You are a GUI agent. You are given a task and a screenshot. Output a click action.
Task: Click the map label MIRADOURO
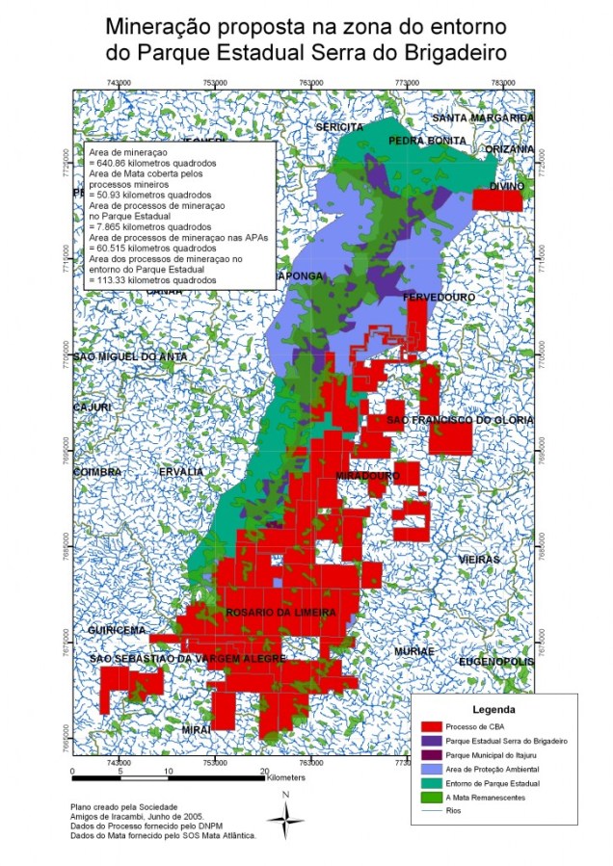367,476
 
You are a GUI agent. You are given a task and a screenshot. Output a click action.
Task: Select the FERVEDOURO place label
435,297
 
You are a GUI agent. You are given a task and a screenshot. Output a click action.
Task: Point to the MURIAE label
414,651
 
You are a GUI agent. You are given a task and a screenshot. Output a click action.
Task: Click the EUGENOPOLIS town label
495,663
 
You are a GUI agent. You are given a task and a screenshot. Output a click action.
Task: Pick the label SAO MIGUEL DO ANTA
131,357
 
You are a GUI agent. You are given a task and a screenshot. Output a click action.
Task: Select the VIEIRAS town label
479,560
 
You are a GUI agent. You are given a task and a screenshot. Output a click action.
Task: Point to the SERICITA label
339,127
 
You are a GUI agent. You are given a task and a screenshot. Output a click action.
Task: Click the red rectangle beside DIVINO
497,200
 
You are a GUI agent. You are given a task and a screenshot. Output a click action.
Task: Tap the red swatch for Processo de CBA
434,725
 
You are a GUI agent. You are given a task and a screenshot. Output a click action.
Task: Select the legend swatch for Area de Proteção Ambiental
434,770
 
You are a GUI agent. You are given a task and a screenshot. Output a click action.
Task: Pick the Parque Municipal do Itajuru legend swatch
434,755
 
